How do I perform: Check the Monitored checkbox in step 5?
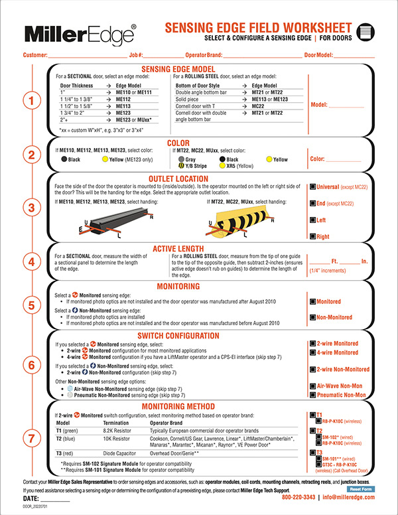312,301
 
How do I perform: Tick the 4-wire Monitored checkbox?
312,352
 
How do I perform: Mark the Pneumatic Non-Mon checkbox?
312,395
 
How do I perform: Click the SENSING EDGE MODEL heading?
179,69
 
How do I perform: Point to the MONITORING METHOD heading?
179,406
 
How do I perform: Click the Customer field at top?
83,55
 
